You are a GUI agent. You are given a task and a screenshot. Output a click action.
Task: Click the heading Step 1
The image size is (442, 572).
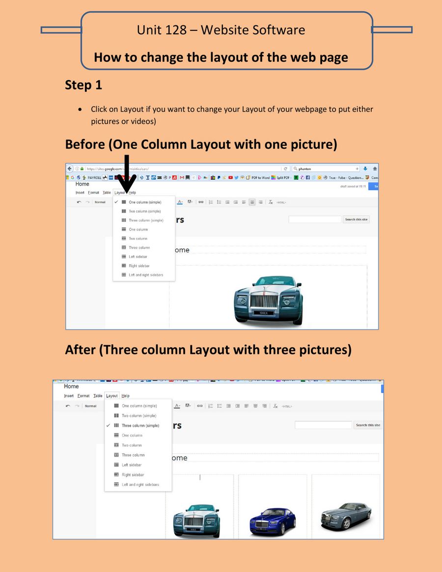[x=83, y=85]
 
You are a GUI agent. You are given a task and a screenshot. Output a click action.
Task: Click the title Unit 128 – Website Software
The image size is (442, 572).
[x=221, y=30]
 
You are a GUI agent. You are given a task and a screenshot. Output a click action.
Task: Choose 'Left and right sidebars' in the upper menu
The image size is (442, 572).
[x=146, y=275]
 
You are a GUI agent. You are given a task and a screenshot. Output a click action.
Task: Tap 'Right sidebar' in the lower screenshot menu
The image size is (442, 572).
[x=133, y=475]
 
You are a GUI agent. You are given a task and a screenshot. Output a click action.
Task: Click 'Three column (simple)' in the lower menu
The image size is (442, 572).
[x=140, y=426]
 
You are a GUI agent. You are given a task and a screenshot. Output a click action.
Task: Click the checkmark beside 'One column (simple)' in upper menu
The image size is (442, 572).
[x=116, y=202]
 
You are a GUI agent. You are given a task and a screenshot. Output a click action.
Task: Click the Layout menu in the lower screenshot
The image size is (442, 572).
[x=112, y=396]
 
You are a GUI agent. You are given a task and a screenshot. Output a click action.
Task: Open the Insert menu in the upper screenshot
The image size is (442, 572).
[x=80, y=192]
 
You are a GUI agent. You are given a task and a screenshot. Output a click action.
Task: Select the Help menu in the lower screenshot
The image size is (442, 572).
[x=125, y=396]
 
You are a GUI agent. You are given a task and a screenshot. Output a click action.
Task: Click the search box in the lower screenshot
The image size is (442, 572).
[x=323, y=425]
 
